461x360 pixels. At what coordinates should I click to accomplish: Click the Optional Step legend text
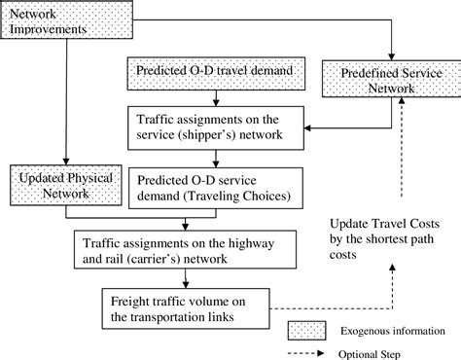pyautogui.click(x=379, y=354)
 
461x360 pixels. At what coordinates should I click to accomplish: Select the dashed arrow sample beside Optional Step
pyautogui.click(x=310, y=354)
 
